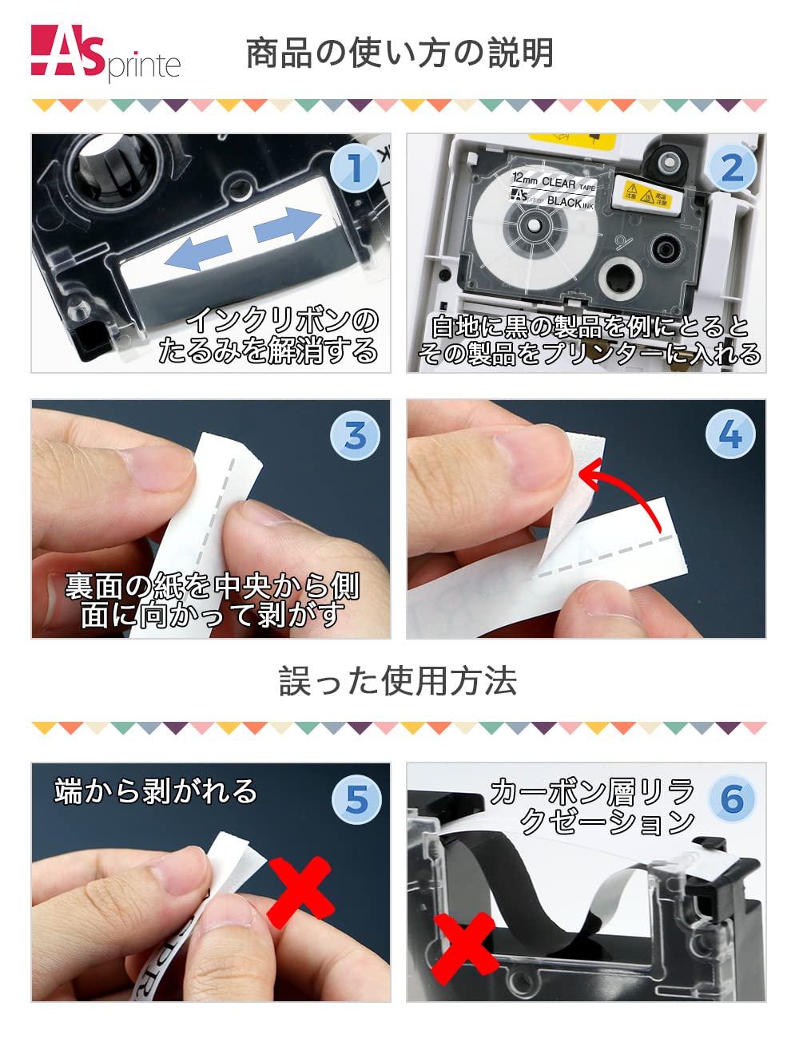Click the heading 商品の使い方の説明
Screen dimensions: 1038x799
[x=399, y=53]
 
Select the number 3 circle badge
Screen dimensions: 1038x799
[x=355, y=435]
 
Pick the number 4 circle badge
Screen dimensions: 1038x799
[x=730, y=435]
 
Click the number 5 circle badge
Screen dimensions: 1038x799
[x=355, y=798]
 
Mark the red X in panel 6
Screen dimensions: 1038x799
[x=463, y=950]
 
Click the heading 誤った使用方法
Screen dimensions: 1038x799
[x=398, y=681]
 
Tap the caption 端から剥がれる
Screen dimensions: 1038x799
[x=156, y=790]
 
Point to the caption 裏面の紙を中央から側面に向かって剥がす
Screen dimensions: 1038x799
[x=212, y=600]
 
